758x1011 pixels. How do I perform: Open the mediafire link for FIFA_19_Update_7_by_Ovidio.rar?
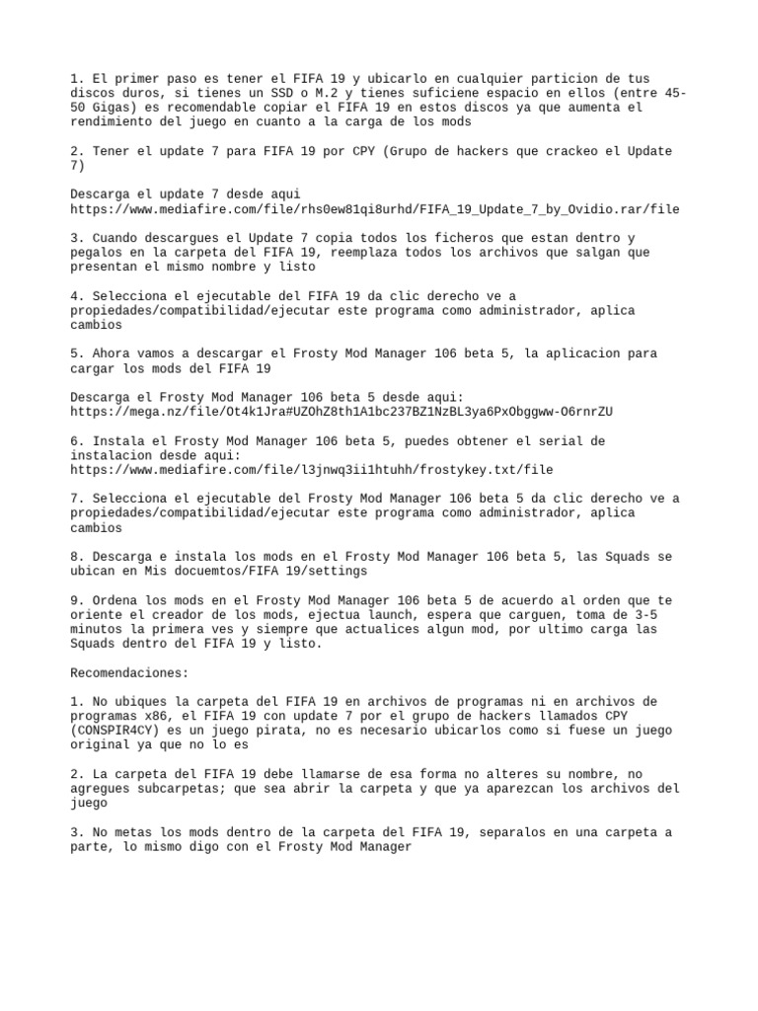click(374, 209)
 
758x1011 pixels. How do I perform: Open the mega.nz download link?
click(341, 411)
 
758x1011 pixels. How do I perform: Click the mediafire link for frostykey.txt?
click(312, 470)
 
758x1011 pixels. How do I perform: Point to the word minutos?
click(100, 630)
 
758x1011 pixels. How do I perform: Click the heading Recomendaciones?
click(129, 672)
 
